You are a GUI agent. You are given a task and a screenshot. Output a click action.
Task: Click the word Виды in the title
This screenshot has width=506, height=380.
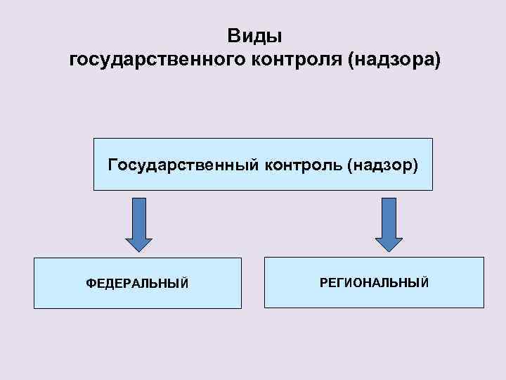tap(254, 35)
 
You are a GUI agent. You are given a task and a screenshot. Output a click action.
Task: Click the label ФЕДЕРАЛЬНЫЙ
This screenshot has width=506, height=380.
tap(137, 283)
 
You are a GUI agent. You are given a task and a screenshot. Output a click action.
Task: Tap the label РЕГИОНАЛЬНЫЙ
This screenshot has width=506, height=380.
tap(374, 282)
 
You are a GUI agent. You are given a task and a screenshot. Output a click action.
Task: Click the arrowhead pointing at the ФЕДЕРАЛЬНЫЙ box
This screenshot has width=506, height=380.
tap(138, 241)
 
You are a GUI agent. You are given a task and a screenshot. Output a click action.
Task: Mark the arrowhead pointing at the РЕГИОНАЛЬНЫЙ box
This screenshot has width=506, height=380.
tap(389, 241)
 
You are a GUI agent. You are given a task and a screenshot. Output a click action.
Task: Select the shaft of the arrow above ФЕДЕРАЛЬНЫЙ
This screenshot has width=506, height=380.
tap(139, 214)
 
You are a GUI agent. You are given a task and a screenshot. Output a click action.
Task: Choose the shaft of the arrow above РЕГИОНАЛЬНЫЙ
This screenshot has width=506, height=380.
tap(389, 214)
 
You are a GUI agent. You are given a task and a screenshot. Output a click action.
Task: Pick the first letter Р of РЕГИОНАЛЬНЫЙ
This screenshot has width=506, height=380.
tap(323, 282)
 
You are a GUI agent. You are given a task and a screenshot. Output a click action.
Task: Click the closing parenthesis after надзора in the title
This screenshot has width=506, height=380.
tap(439, 61)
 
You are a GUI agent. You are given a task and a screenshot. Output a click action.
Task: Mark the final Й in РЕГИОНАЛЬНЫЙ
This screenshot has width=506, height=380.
tap(424, 281)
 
